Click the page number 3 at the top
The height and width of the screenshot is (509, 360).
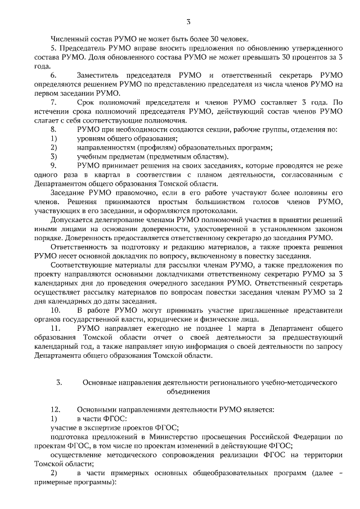[x=188, y=22]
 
